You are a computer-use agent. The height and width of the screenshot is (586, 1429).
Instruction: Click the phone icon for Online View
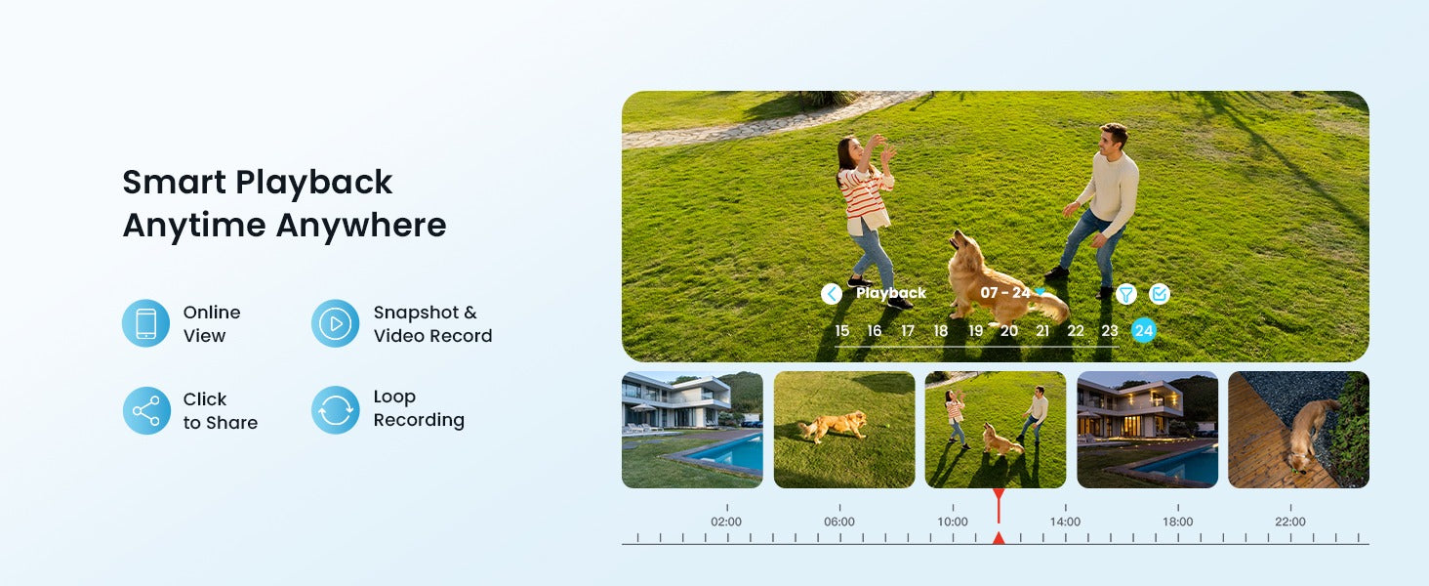[145, 323]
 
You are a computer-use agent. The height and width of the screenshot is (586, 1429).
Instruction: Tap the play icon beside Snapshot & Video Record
[335, 323]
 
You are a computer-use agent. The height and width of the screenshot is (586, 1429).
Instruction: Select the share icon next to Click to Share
[145, 410]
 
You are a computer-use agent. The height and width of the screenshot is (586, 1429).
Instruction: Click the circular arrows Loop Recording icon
[335, 410]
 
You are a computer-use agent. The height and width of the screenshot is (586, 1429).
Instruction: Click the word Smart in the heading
[173, 183]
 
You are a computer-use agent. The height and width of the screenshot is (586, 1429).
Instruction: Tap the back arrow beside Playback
[832, 294]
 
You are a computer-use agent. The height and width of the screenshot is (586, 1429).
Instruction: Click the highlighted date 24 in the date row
[1143, 331]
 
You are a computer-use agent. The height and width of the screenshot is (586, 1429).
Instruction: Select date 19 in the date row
[975, 331]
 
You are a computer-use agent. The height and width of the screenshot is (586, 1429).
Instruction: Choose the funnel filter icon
[1126, 294]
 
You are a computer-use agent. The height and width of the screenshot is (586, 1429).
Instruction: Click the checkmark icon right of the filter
[1159, 294]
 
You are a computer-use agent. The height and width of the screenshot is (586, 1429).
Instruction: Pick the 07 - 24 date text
[1005, 293]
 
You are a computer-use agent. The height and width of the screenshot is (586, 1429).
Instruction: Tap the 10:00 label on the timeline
[952, 522]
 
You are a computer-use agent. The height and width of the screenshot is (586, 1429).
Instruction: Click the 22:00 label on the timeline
[1289, 522]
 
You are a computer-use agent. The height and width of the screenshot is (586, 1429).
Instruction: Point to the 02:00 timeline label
[726, 522]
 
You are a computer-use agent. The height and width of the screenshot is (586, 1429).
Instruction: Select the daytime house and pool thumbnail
[692, 430]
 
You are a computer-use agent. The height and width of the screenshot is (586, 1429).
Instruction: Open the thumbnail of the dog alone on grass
[844, 430]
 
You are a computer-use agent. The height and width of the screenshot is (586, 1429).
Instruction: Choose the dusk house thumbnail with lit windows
[1147, 430]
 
